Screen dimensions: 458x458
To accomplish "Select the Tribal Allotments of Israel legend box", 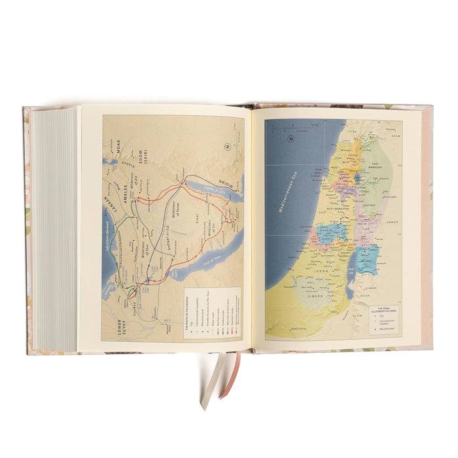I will click(x=385, y=321).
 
